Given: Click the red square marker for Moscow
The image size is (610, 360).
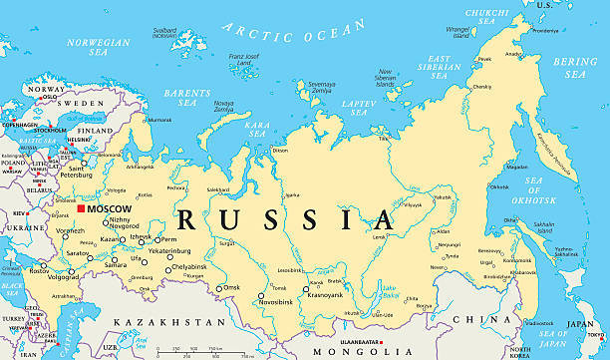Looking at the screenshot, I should [x=80, y=208].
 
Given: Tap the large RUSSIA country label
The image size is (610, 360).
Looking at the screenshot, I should [x=280, y=218].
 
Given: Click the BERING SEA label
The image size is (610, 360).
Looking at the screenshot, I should [x=576, y=67].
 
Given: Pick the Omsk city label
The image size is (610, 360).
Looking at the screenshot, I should [x=232, y=287].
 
